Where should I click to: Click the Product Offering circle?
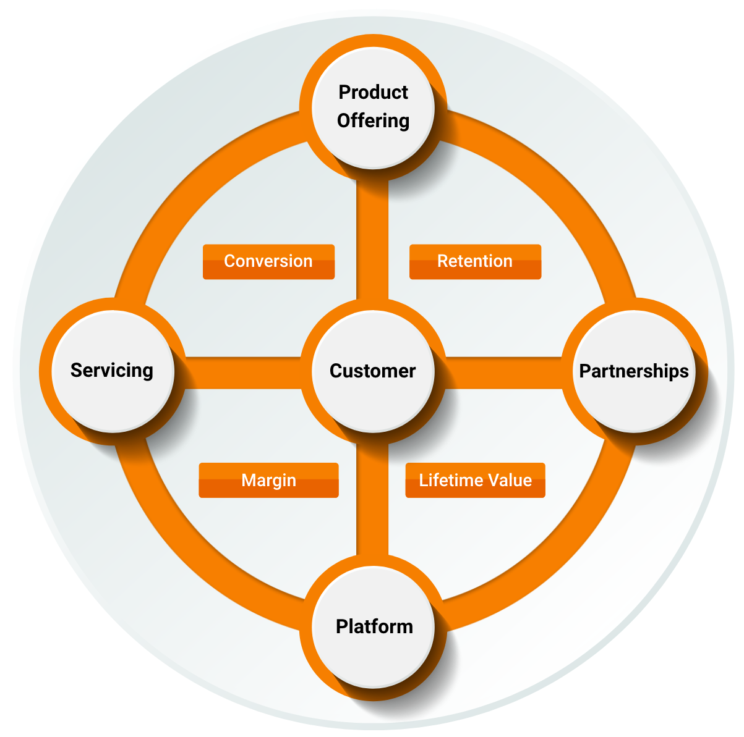(x=373, y=106)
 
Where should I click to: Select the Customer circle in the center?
(x=373, y=371)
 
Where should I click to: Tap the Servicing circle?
(x=112, y=371)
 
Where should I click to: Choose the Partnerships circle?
(x=634, y=371)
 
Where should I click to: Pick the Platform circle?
(x=373, y=626)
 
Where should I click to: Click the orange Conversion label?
(x=268, y=261)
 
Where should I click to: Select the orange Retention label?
(x=475, y=261)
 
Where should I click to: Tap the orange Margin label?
(x=268, y=480)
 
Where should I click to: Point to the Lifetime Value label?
(x=475, y=480)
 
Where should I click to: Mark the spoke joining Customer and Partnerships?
(x=504, y=373)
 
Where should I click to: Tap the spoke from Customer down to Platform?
(x=372, y=500)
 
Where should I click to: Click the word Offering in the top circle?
(x=373, y=120)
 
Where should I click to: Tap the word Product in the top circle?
(x=373, y=92)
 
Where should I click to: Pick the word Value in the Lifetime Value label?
(x=509, y=480)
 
